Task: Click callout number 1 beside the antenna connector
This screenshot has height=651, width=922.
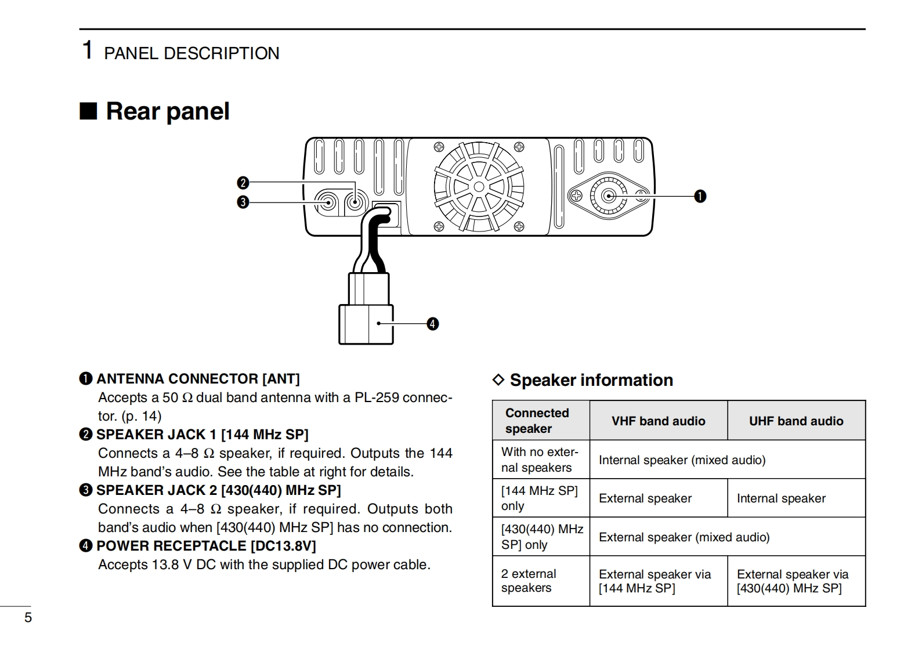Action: [700, 196]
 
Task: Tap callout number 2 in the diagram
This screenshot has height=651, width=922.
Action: [243, 183]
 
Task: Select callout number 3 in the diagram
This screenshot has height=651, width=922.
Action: [243, 202]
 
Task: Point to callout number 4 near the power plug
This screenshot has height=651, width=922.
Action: [432, 324]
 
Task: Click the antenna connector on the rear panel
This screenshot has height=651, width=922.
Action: [609, 196]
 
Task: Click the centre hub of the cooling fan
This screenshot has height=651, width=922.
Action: [479, 187]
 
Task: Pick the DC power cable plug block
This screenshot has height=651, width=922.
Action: [366, 324]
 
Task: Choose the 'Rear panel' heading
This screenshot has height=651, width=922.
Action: [167, 111]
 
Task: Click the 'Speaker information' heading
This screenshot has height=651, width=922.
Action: [591, 380]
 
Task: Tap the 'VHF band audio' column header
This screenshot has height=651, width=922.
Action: [658, 421]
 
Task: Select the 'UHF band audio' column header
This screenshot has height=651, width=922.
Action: [796, 421]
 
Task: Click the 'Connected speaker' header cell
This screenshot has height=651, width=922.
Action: [537, 421]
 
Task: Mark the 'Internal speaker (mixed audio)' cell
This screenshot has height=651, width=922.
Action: [682, 460]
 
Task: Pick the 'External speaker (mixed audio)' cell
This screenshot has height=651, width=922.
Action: [684, 537]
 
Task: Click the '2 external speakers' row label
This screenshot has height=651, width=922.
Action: [528, 581]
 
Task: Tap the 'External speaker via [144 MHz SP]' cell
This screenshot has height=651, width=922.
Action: [655, 581]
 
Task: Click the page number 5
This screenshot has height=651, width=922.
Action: [28, 617]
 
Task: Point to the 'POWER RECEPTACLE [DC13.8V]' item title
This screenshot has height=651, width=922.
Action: [206, 546]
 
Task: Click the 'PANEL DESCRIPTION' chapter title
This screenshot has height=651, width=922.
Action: [191, 53]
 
